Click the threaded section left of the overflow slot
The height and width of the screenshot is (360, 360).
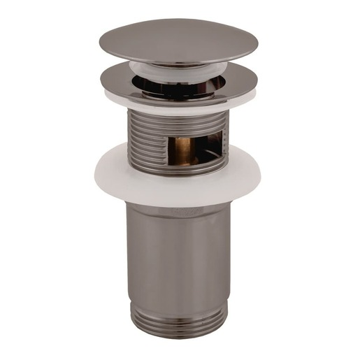pos(143,140)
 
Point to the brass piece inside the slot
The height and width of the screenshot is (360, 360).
pos(184,150)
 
